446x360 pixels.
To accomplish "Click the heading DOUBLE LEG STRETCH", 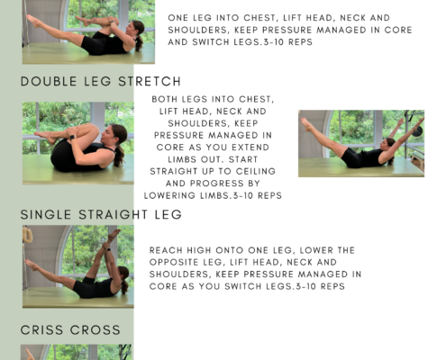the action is click(101, 82).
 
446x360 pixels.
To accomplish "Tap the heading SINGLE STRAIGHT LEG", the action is click(101, 215).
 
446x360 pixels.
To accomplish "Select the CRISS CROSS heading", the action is click(70, 330).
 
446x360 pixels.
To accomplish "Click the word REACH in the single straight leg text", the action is click(166, 250).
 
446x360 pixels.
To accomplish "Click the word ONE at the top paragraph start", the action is click(177, 18).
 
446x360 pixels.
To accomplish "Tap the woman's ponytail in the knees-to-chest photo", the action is click(119, 156).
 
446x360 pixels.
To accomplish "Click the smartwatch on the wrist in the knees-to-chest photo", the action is click(72, 138).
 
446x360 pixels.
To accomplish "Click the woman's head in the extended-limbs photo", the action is click(390, 144).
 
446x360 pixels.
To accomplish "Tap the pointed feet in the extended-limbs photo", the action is click(306, 124).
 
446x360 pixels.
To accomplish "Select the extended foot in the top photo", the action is click(33, 21).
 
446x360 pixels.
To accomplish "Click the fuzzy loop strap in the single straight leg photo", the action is click(27, 235).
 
